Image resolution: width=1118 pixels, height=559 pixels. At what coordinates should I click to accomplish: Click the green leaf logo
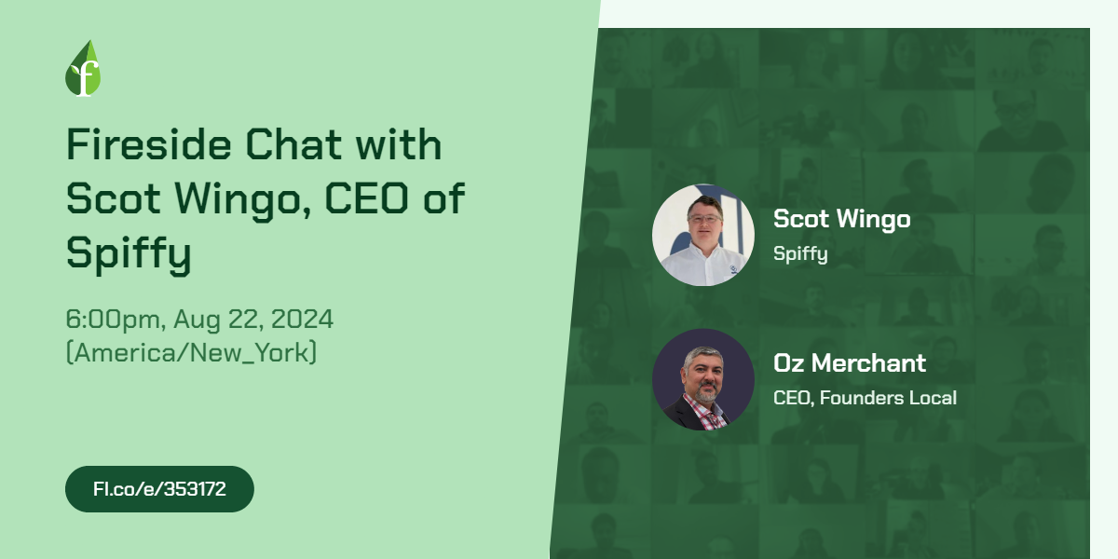pos(83,68)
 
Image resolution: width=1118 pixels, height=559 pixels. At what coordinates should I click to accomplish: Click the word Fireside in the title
pos(149,144)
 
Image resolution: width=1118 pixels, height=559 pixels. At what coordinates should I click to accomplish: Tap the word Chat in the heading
pos(293,144)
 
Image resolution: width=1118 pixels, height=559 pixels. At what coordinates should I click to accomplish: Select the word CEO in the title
pos(367,198)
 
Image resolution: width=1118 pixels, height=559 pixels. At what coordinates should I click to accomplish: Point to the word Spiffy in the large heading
pos(129,253)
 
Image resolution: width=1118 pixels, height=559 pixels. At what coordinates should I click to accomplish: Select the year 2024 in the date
pos(302,319)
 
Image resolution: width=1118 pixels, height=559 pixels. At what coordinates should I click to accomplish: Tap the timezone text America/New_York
pos(191,352)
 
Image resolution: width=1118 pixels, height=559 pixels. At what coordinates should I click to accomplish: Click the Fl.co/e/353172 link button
pos(159,489)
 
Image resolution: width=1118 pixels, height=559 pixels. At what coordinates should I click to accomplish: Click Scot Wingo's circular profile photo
pos(703,235)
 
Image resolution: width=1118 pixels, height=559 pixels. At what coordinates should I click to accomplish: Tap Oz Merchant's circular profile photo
pos(703,379)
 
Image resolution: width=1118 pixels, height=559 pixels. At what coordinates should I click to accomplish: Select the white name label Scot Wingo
pos(842,219)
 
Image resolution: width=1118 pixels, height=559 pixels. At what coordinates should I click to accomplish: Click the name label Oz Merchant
pos(850,362)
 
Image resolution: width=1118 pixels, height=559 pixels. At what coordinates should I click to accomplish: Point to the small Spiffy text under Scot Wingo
pos(800,253)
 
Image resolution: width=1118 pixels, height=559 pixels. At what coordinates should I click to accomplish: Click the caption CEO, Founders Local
pos(865,398)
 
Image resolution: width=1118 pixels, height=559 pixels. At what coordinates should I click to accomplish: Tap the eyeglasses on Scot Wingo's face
pos(704,218)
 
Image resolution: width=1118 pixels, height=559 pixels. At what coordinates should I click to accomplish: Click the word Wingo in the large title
pos(243,200)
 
